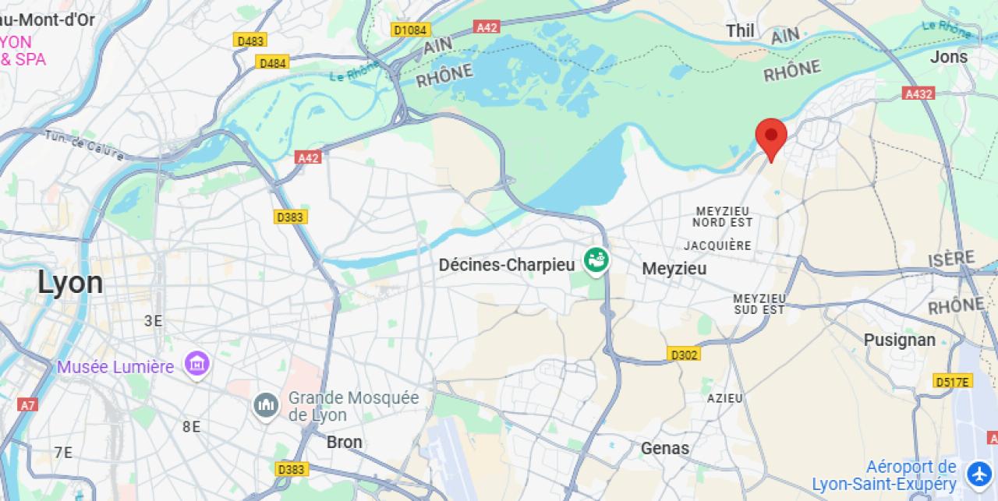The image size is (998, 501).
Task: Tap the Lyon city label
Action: [70, 283]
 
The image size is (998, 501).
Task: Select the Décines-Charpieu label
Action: [507, 265]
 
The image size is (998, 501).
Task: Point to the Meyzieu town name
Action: [674, 269]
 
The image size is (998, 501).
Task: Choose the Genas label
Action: [665, 448]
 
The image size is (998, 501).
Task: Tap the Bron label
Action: [344, 442]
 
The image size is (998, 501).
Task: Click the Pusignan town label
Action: [899, 340]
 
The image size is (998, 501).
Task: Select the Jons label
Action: [949, 57]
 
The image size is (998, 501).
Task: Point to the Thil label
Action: [740, 30]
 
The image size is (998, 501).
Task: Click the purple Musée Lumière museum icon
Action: [196, 363]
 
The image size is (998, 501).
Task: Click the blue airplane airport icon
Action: [979, 474]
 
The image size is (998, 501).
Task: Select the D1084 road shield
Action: [410, 30]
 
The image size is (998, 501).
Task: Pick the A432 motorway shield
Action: [918, 93]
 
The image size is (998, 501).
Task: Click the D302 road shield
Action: [684, 355]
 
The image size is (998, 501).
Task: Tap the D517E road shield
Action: [953, 381]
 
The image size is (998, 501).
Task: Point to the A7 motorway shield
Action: [27, 404]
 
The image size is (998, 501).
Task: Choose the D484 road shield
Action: [273, 62]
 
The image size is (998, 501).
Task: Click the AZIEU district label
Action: [725, 398]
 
